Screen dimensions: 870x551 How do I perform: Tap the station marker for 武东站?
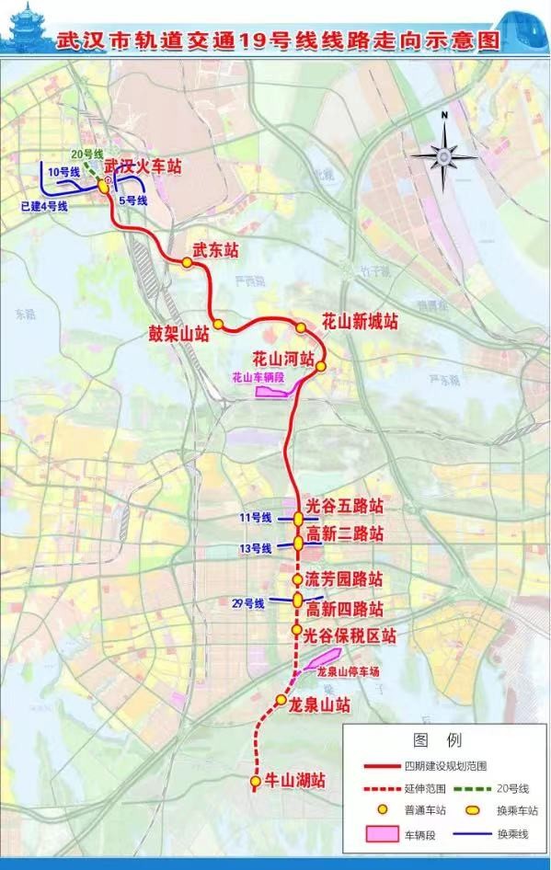pos(187,262)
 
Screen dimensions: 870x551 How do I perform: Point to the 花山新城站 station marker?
pos(301,328)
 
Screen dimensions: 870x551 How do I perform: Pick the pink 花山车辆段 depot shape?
pos(273,391)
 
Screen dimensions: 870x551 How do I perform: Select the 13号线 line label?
pos(255,548)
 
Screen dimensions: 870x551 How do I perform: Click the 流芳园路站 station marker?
pos(297,579)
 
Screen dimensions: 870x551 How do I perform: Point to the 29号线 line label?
pos(248,603)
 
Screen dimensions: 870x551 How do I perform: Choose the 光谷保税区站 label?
pos(350,635)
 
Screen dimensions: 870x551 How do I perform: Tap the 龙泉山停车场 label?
pos(348,671)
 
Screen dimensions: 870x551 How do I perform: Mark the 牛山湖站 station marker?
pos(255,782)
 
